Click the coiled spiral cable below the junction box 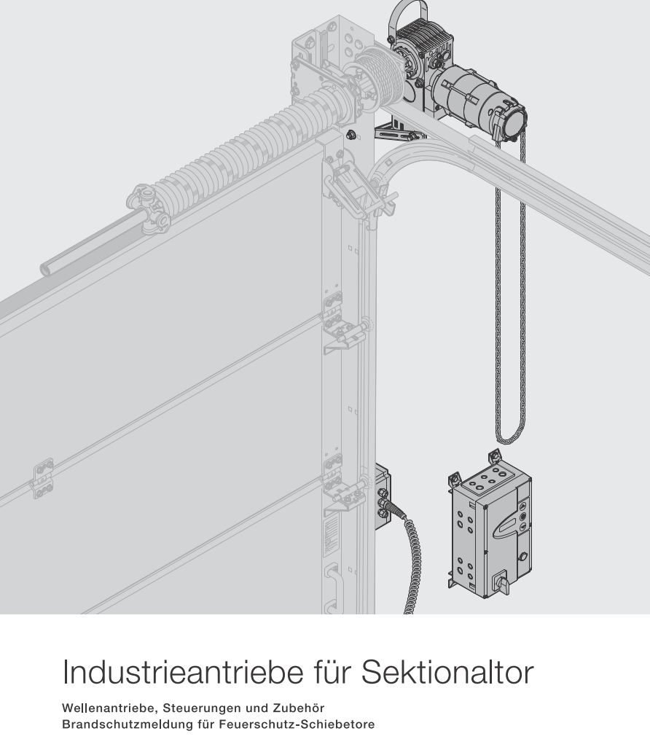415,554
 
